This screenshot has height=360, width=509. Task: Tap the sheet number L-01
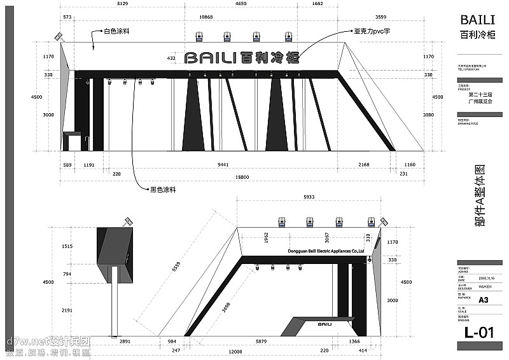479,332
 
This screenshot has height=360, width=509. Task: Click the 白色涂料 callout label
116,31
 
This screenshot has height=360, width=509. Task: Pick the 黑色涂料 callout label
163,189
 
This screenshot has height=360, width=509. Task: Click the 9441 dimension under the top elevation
223,165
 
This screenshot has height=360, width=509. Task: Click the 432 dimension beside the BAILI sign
171,58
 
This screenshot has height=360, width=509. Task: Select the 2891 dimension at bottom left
125,341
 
